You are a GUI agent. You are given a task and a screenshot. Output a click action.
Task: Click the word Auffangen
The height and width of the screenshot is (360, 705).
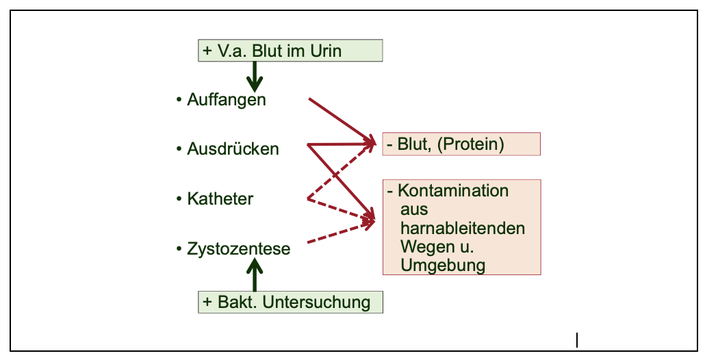tap(226, 100)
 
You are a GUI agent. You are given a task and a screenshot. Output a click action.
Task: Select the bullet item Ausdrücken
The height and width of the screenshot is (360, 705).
tap(233, 149)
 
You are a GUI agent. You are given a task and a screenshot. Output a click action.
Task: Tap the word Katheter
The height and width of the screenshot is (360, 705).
tap(220, 199)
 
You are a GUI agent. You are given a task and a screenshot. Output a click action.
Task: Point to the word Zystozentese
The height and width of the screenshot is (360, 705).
tap(238, 249)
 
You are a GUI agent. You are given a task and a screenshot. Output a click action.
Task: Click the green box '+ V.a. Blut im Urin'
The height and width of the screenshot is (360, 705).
tap(290, 51)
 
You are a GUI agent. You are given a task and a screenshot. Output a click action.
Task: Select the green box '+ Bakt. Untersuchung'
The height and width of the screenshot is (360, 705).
tap(290, 302)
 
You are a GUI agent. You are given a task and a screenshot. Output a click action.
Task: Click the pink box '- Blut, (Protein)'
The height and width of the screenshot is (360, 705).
tap(461, 144)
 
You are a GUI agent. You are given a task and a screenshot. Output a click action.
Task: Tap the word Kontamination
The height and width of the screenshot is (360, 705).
tap(453, 190)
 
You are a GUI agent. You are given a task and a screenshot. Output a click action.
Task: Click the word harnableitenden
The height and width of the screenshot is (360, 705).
tap(462, 227)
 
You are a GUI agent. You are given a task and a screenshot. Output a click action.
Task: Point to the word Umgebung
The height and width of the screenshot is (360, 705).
tap(443, 266)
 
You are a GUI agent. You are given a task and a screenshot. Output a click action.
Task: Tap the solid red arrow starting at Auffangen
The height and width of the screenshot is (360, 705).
tap(340, 120)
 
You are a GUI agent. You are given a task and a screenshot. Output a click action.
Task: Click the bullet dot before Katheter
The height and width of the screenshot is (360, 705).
tap(179, 199)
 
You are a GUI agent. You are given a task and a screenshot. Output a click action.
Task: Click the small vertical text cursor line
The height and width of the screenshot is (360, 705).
tap(577, 339)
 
